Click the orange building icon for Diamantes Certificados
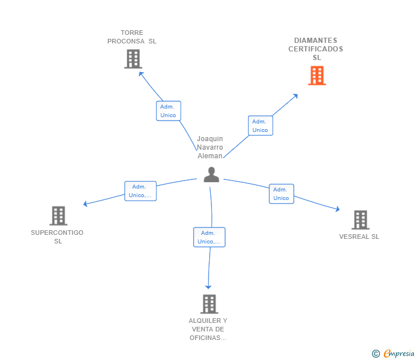tap(317, 75)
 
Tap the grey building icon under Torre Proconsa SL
tap(133, 59)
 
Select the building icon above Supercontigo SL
tap(58, 215)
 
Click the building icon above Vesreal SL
tap(360, 219)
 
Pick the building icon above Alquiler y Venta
tap(209, 304)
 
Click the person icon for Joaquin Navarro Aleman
tap(211, 175)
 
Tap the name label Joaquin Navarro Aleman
tap(210, 147)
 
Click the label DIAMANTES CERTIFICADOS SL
tap(315, 49)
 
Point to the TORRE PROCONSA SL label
tap(132, 37)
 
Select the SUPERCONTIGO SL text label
tap(57, 237)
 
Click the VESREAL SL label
tap(359, 237)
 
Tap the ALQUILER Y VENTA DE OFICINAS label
tap(208, 329)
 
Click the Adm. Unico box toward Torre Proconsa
tap(168, 111)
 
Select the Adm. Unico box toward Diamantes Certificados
tap(260, 126)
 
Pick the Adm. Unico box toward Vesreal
tap(281, 194)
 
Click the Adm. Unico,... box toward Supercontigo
tap(140, 191)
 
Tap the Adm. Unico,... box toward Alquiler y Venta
tap(209, 237)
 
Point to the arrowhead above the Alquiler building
tap(209, 287)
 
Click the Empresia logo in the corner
tap(394, 354)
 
